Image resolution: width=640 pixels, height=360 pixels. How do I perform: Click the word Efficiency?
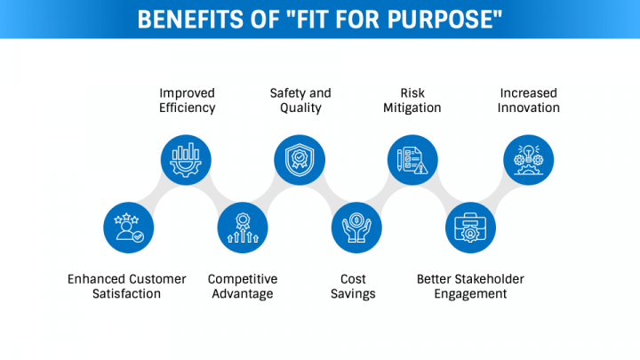(187, 108)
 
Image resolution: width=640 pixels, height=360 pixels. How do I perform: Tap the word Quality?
(300, 108)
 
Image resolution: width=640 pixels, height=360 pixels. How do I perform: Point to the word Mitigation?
(413, 108)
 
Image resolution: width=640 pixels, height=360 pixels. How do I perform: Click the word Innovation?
(529, 108)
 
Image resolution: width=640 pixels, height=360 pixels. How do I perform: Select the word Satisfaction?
(127, 294)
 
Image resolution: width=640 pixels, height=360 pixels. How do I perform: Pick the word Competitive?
(243, 279)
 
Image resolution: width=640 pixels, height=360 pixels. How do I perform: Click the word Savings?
(357, 294)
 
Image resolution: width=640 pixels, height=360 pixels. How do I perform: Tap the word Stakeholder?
(489, 279)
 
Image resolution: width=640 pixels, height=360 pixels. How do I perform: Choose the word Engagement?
(470, 294)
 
